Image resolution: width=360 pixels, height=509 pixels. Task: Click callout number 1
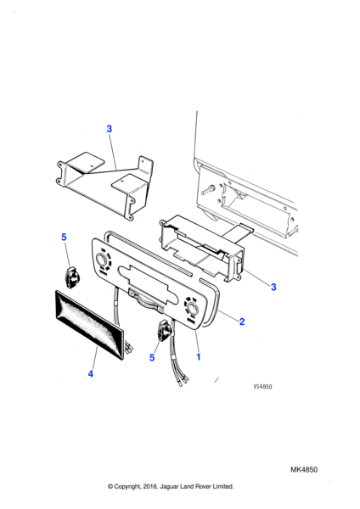198,357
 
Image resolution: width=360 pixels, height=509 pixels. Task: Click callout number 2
242,322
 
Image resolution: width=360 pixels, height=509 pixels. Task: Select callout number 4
91,374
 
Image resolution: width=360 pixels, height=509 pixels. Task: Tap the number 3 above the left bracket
110,129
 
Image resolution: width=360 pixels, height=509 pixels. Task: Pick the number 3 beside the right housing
273,287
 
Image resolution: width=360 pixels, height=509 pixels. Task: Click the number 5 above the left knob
64,238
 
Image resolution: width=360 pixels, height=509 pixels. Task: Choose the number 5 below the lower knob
152,357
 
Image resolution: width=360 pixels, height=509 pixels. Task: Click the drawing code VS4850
263,387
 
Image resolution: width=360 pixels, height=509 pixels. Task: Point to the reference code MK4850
304,469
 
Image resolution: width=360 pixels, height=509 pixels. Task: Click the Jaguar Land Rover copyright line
171,486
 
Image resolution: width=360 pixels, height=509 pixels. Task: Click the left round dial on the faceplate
100,260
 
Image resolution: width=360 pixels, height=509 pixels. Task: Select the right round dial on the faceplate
191,308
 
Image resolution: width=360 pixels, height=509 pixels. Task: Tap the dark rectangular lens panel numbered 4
90,324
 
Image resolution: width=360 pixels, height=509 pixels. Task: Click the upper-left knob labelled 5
71,277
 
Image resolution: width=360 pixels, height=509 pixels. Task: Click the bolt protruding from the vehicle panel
208,189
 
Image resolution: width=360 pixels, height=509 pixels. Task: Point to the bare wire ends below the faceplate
183,380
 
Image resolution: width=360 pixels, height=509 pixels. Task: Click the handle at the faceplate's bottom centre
146,300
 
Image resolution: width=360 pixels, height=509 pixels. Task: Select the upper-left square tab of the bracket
87,161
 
